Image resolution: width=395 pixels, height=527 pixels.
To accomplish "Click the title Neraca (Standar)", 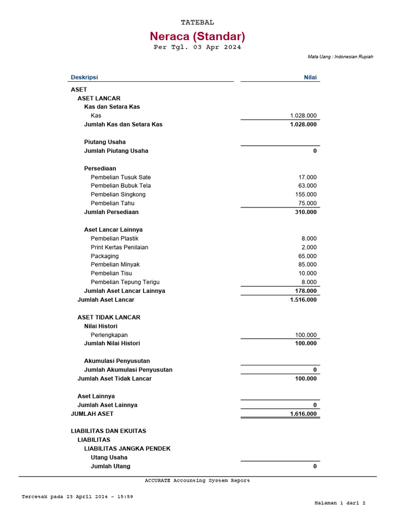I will pyautogui.click(x=197, y=37).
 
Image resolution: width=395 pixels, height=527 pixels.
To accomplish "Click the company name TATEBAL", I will pyautogui.click(x=197, y=23).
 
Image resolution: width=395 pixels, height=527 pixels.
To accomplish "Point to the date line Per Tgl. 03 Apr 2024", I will pyautogui.click(x=197, y=47).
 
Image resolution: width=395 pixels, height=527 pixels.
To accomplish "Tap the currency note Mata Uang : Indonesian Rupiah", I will pyautogui.click(x=340, y=57).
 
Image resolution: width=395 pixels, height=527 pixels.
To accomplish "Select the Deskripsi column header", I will pyautogui.click(x=84, y=78).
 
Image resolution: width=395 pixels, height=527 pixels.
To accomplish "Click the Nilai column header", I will pyautogui.click(x=310, y=78).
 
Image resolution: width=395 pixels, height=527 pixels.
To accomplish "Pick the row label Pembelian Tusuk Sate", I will pyautogui.click(x=121, y=177).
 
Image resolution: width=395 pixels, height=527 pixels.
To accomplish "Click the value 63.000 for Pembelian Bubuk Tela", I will pyautogui.click(x=308, y=186).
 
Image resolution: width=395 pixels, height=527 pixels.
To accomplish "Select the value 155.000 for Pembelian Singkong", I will pyautogui.click(x=306, y=195).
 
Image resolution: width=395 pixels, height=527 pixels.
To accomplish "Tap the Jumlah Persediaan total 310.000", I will pyautogui.click(x=306, y=212).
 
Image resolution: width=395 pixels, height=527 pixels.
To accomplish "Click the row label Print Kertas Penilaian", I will pyautogui.click(x=119, y=248).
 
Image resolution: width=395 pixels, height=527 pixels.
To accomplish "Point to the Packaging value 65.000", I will pyautogui.click(x=308, y=256).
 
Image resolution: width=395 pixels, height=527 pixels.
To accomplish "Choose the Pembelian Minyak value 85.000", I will pyautogui.click(x=308, y=265).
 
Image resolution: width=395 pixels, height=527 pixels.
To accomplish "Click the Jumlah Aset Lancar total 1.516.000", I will pyautogui.click(x=303, y=300).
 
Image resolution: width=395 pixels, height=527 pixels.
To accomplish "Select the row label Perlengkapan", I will pyautogui.click(x=109, y=335).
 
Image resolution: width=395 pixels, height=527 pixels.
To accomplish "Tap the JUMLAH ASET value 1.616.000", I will pyautogui.click(x=303, y=414).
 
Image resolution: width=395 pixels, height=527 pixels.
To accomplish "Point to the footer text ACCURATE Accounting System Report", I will pyautogui.click(x=197, y=481).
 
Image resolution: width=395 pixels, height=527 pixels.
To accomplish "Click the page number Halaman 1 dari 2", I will pyautogui.click(x=339, y=503).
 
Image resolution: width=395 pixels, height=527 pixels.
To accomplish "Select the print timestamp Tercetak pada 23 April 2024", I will pyautogui.click(x=77, y=497).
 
